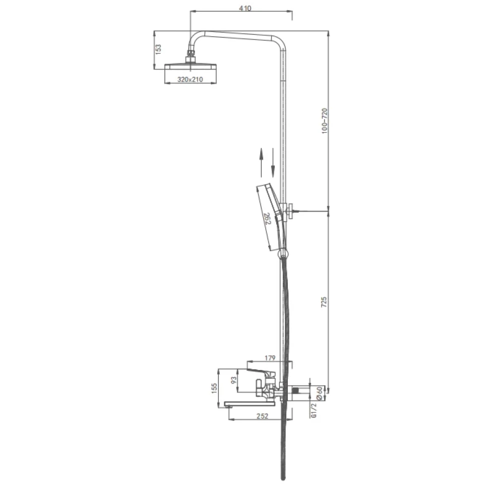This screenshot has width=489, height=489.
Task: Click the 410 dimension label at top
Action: pyautogui.click(x=245, y=8)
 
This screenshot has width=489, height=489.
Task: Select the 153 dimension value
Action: pyautogui.click(x=158, y=49)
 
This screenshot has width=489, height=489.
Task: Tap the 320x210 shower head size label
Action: pyautogui.click(x=190, y=80)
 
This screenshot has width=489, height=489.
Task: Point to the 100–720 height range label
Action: pyautogui.click(x=325, y=121)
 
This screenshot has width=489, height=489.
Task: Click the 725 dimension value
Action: pyautogui.click(x=324, y=302)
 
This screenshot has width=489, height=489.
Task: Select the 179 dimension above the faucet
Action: pyautogui.click(x=270, y=358)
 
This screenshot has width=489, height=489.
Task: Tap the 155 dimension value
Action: pyautogui.click(x=214, y=388)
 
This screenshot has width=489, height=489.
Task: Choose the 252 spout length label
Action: pyautogui.click(x=262, y=416)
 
